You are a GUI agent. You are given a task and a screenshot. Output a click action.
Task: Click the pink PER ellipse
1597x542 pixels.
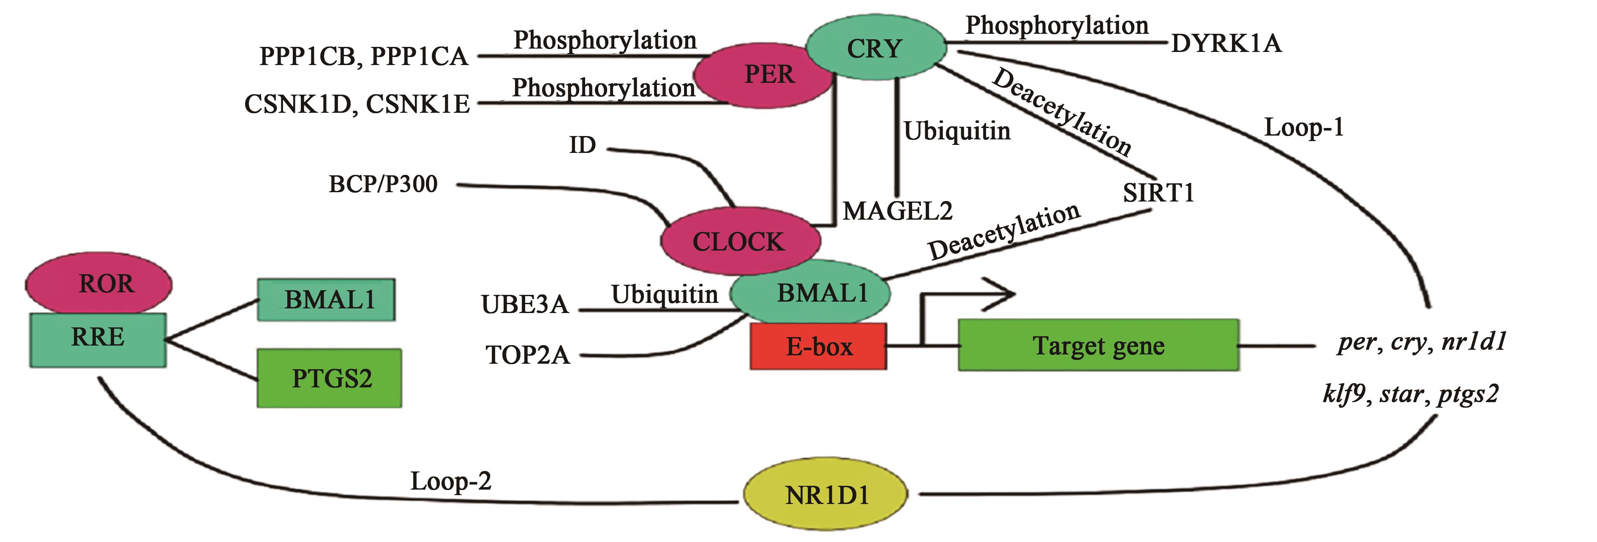tap(764, 75)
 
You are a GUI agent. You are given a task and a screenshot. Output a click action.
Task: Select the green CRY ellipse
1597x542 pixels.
tap(875, 48)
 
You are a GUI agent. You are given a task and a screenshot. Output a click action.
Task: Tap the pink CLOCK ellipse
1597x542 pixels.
tap(739, 241)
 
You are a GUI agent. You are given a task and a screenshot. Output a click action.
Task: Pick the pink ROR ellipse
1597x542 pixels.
tap(99, 284)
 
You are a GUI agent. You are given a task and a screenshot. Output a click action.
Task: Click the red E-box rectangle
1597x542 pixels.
tap(818, 346)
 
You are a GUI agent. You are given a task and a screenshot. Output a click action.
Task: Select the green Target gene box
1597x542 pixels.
tap(1098, 346)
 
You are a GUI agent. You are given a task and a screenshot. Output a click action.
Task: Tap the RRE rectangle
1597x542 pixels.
tap(98, 339)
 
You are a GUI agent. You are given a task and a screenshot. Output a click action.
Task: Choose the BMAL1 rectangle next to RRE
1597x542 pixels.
tap(327, 300)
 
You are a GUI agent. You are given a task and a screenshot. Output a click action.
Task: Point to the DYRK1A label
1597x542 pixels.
tap(1226, 44)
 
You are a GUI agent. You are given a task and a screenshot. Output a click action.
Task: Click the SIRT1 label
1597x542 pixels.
tap(1158, 193)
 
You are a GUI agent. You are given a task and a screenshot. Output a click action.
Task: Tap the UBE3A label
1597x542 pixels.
tap(524, 305)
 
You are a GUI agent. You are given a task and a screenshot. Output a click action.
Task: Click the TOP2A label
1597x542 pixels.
tap(528, 355)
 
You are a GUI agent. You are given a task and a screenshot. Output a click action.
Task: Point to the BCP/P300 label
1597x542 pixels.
tap(383, 184)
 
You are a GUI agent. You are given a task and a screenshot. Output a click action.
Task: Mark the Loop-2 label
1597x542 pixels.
tap(451, 481)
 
